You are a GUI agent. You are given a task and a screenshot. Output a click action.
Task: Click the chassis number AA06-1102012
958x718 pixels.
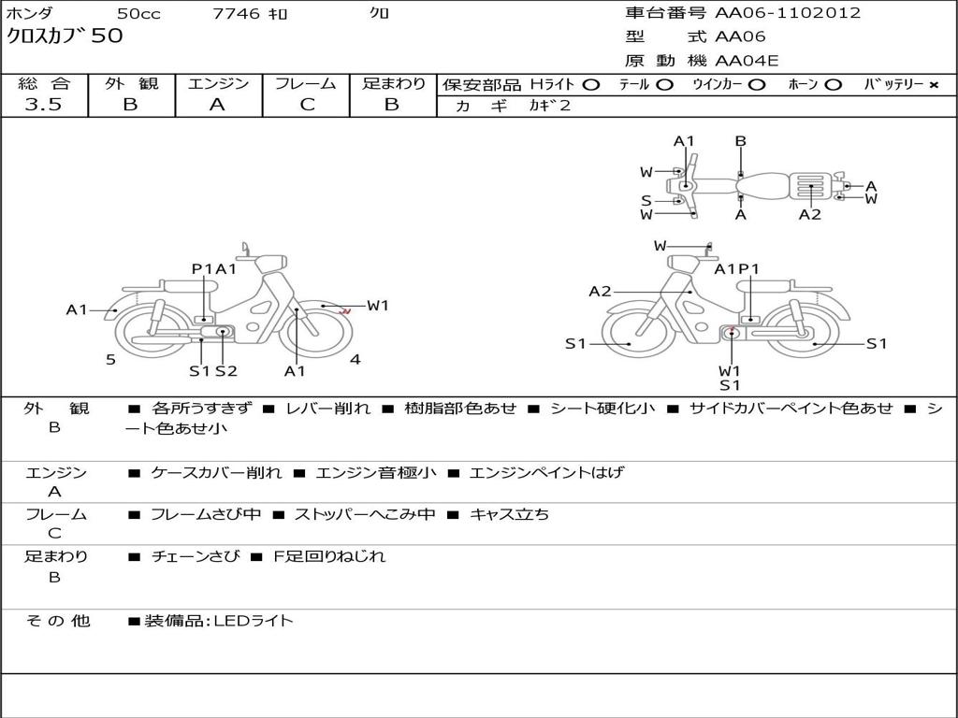point(788,13)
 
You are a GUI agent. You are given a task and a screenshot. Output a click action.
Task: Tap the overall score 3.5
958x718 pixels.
point(43,104)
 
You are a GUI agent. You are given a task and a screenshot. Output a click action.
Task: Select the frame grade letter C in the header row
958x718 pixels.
point(307,105)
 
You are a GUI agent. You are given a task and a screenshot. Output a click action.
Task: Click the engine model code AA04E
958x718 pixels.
point(747,61)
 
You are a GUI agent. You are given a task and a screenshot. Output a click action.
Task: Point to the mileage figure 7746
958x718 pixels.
point(236,13)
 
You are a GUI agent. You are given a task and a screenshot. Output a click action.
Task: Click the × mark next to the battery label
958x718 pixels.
point(934,85)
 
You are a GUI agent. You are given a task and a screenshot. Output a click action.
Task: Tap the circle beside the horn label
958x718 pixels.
point(833,85)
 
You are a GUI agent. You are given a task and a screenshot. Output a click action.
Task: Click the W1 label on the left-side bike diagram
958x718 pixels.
point(378,306)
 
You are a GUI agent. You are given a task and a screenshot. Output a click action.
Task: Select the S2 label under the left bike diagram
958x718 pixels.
point(225,370)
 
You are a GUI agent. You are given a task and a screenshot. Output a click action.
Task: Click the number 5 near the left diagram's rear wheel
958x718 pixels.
point(110,360)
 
